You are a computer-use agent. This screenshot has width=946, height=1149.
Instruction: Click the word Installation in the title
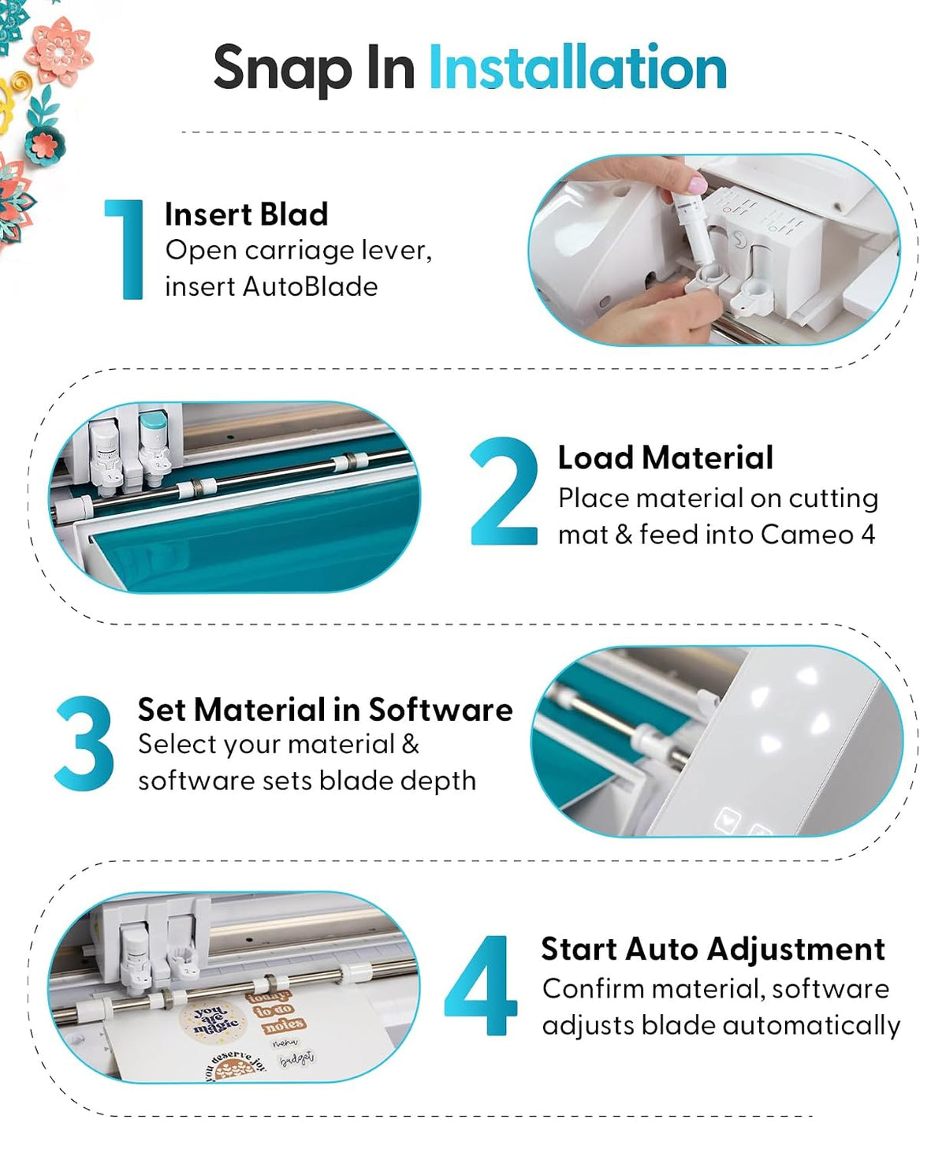(578, 68)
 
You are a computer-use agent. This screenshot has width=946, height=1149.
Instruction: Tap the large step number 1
(126, 249)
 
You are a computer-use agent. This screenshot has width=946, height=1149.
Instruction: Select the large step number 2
(503, 491)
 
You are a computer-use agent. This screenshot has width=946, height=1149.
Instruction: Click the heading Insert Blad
(247, 214)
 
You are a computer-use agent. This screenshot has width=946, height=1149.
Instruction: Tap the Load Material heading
(665, 457)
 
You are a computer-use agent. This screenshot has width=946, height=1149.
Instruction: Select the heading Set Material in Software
(325, 709)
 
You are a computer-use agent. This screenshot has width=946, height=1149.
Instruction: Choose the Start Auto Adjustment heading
(713, 949)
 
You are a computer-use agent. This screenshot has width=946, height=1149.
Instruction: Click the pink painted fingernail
(698, 184)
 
